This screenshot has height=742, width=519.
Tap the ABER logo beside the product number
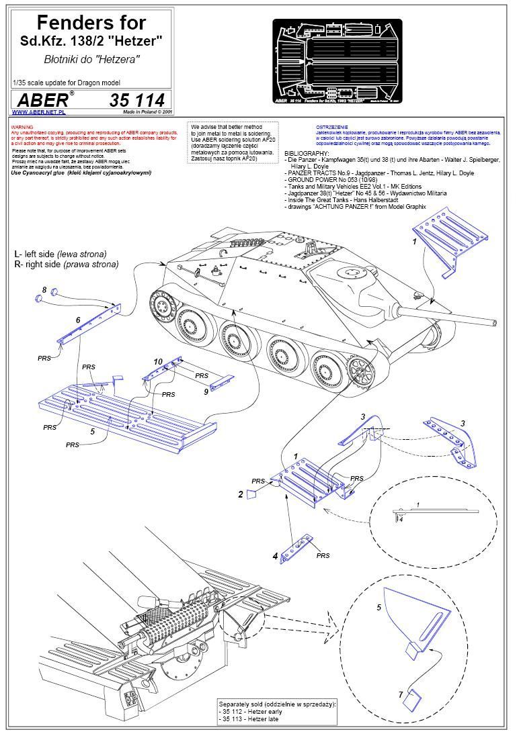click(x=42, y=100)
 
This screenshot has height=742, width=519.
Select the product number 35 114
click(x=136, y=101)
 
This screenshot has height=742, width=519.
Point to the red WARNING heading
click(x=22, y=126)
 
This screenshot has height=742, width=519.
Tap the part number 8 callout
click(x=44, y=289)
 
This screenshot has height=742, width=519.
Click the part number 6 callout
click(x=78, y=320)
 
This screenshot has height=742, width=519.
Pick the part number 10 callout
click(x=158, y=362)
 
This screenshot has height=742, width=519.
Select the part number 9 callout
click(x=206, y=391)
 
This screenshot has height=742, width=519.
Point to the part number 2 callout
click(x=240, y=494)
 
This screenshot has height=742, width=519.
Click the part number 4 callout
click(x=275, y=556)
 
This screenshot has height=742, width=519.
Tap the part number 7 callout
click(x=401, y=694)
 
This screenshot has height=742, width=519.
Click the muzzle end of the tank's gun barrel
click(x=495, y=322)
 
